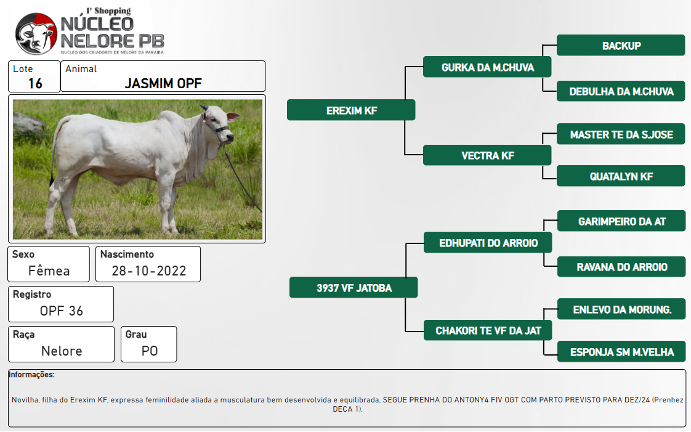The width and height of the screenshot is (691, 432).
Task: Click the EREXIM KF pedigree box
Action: tap(351, 110)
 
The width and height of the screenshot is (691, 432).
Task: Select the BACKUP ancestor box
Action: tap(621, 46)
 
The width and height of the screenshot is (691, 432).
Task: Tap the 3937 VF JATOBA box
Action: tap(354, 287)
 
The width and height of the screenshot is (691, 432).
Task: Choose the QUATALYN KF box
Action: tap(621, 176)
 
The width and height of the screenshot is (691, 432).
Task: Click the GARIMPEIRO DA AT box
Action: tap(621, 221)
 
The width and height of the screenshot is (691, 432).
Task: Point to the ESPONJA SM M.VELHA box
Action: tap(621, 351)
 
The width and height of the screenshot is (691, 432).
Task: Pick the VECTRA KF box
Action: tap(487, 155)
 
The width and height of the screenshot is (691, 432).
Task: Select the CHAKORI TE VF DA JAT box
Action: tap(488, 330)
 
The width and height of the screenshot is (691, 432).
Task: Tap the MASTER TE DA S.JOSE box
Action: tap(621, 134)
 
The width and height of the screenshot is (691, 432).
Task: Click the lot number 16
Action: tap(35, 83)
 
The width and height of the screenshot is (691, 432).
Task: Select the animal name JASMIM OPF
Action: tap(163, 83)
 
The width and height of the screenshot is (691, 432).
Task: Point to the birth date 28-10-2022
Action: tap(149, 271)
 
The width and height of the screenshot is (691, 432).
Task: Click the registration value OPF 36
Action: tap(61, 311)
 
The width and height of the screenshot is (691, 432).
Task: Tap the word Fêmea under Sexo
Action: tap(49, 270)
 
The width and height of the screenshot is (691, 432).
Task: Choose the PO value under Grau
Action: tap(150, 351)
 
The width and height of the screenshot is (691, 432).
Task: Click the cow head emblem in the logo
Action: tap(36, 34)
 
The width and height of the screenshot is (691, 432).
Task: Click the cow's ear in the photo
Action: tap(233, 117)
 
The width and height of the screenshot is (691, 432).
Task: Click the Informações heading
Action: tap(31, 375)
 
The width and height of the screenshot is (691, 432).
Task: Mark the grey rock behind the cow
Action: tap(28, 123)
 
